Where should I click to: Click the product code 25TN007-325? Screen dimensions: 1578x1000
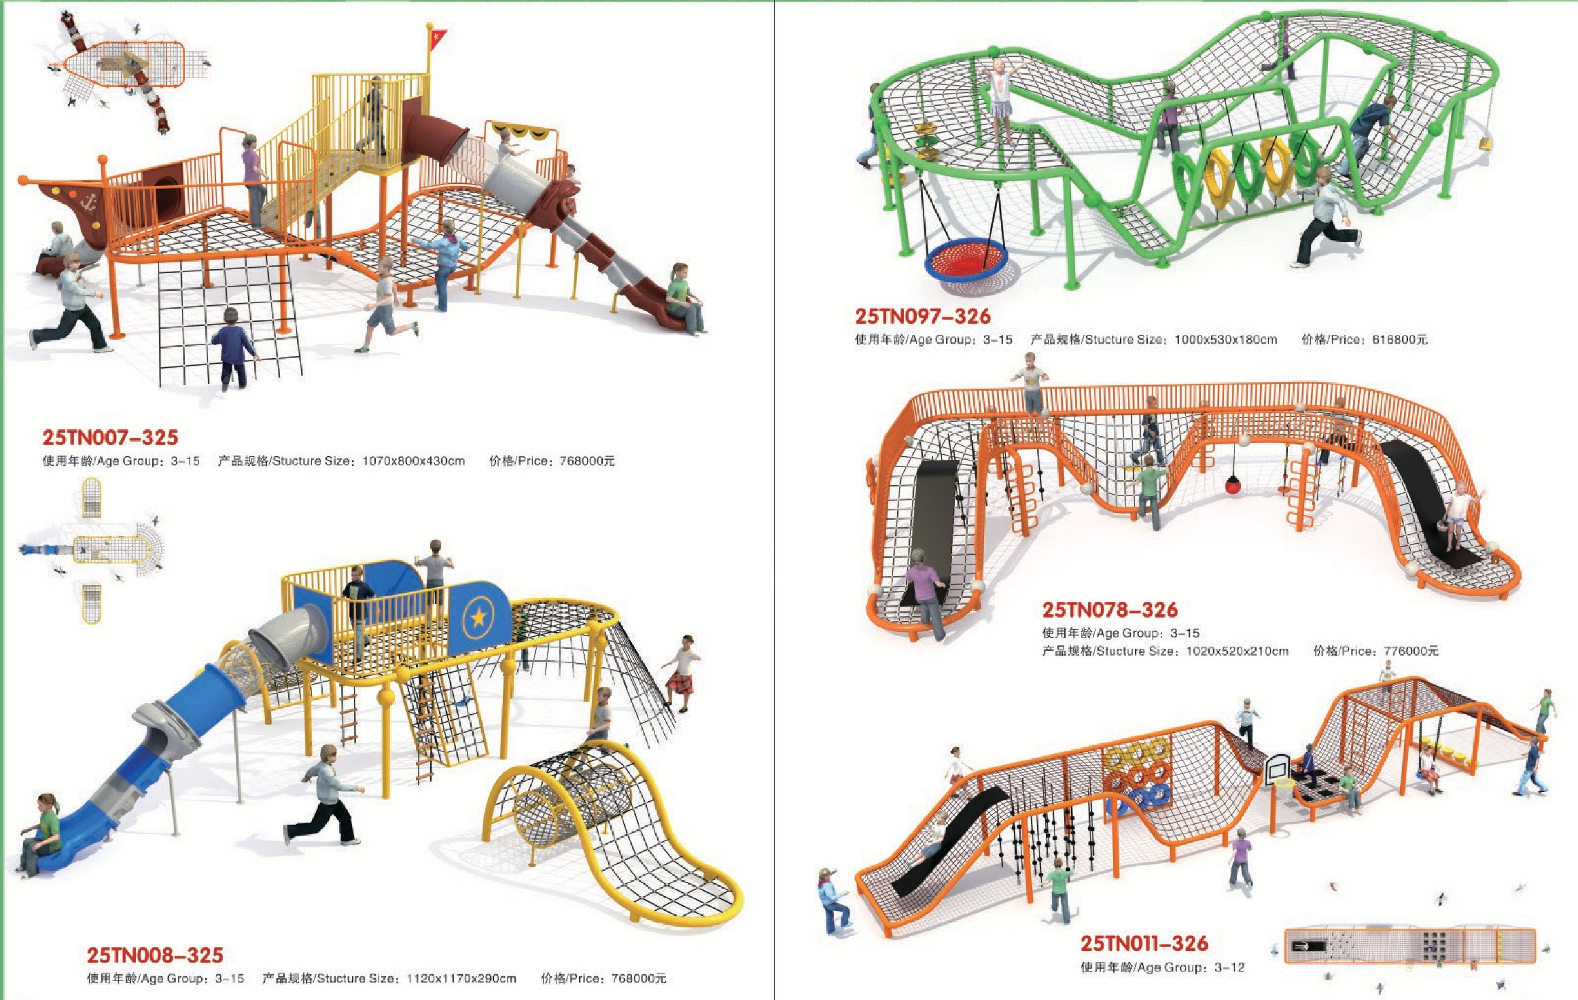point(110,437)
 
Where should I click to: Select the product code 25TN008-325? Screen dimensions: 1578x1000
point(155,955)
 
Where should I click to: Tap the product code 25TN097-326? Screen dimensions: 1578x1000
point(922,316)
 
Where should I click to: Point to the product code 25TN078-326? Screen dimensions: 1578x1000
point(1110,609)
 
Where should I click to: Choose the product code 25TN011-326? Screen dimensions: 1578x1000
point(1144,944)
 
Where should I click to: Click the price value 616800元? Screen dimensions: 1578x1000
point(1399,340)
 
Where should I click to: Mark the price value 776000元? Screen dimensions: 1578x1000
point(1411,651)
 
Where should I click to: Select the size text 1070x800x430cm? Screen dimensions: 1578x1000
point(413,461)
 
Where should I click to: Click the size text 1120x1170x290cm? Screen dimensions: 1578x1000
point(461,979)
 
